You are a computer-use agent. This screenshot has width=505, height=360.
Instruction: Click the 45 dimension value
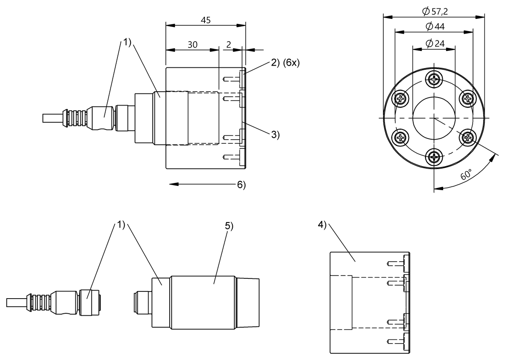click(x=206, y=20)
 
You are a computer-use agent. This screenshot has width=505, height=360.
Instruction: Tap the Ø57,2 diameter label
click(x=434, y=12)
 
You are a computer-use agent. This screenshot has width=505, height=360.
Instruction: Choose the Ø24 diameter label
click(x=435, y=43)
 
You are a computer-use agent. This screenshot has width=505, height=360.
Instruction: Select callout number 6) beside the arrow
click(x=241, y=185)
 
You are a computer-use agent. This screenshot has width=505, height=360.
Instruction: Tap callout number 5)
click(x=229, y=226)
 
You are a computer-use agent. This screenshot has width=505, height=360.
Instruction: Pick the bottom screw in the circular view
click(x=434, y=158)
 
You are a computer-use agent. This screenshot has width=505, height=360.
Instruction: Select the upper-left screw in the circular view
click(x=400, y=98)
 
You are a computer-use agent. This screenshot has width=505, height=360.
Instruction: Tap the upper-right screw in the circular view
click(x=468, y=98)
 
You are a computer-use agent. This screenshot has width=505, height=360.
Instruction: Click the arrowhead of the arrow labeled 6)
click(x=170, y=184)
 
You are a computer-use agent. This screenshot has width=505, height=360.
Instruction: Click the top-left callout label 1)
click(x=128, y=42)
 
